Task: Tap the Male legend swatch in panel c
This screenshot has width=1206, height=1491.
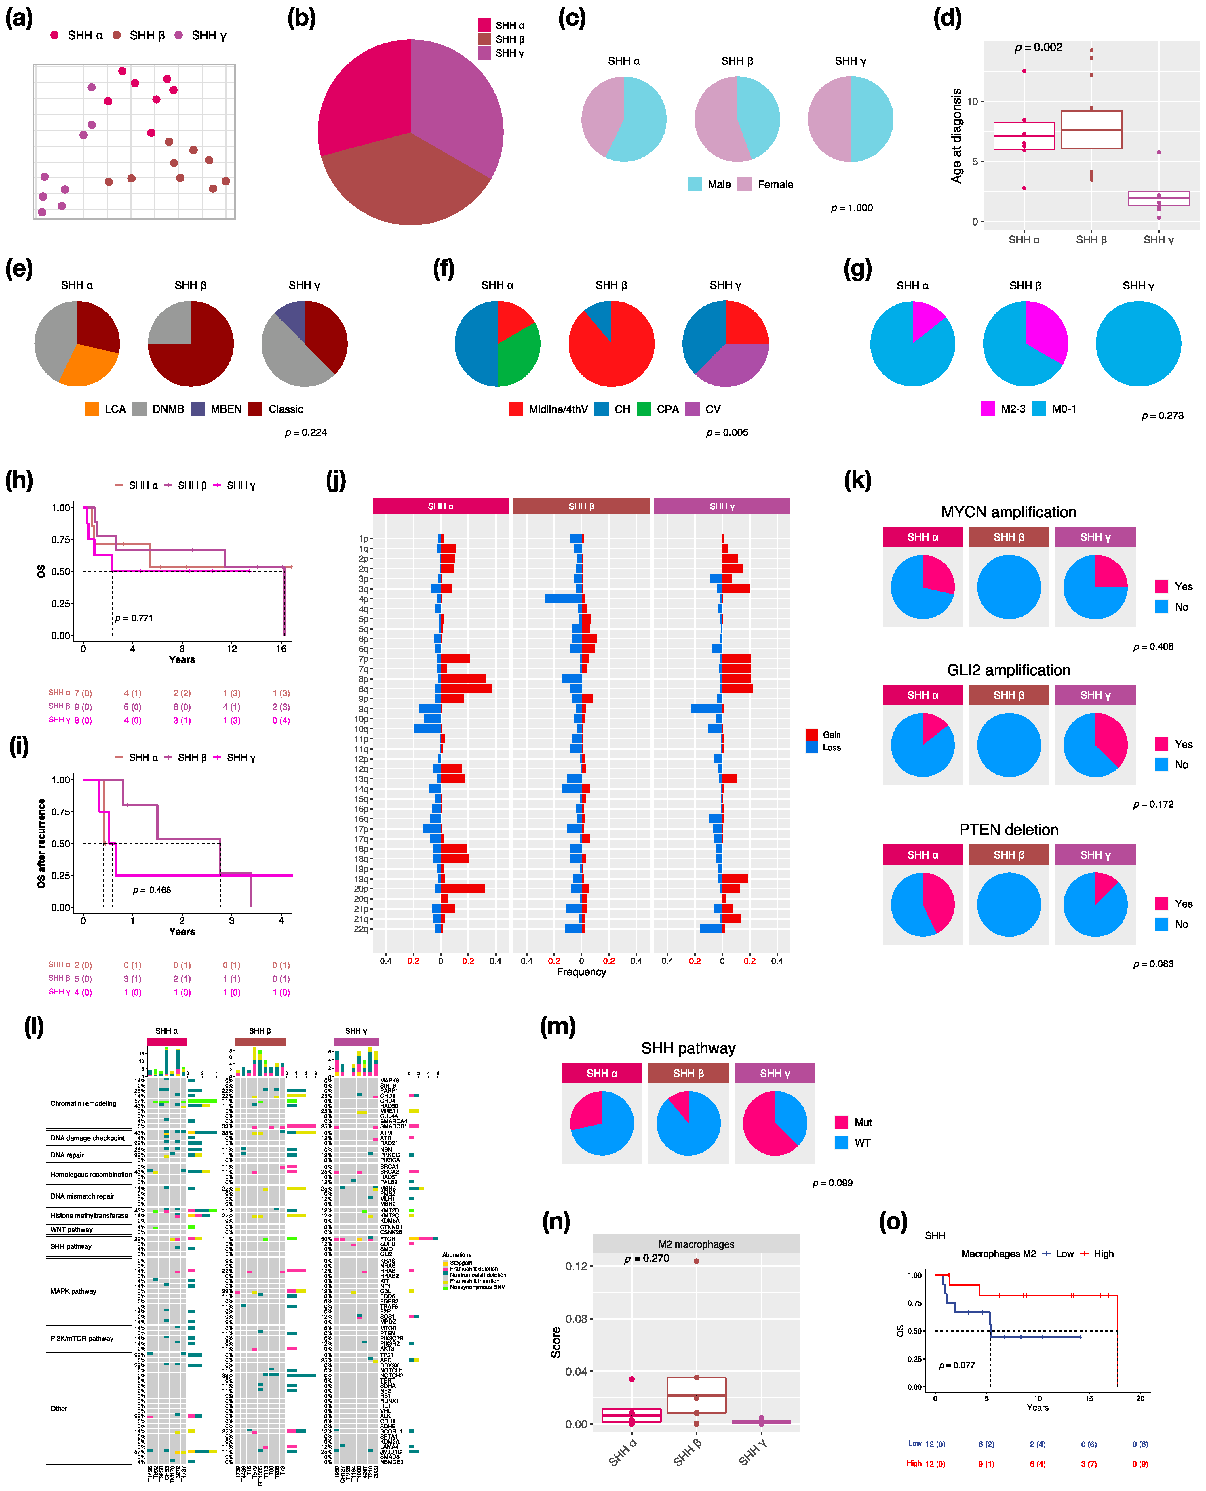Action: [694, 184]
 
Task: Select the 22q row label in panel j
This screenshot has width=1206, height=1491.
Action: [361, 929]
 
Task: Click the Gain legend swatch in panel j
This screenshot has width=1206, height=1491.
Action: [811, 734]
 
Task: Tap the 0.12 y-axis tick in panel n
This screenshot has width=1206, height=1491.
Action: [576, 1266]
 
